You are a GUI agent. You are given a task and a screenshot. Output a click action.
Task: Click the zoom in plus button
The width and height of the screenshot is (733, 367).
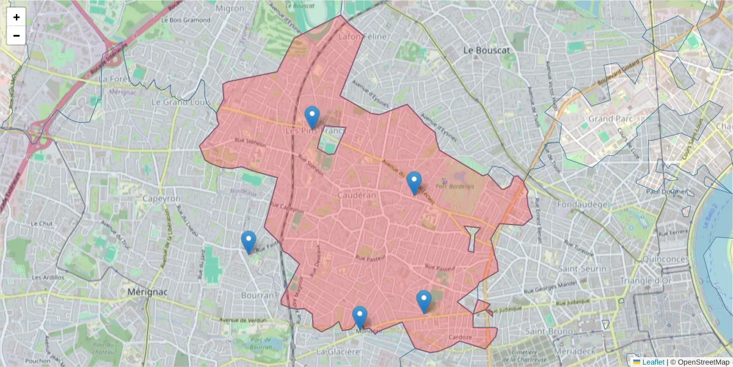(16, 17)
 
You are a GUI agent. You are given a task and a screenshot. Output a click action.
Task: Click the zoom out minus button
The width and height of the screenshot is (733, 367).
(16, 35)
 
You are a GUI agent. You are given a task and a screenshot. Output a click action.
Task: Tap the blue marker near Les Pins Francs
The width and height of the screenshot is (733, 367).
(312, 117)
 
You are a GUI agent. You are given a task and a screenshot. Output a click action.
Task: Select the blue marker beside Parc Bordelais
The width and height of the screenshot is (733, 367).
(414, 182)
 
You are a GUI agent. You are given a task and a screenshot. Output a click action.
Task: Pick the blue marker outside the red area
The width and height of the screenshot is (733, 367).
(249, 242)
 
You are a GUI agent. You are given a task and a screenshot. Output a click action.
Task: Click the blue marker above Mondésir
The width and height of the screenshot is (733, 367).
(360, 317)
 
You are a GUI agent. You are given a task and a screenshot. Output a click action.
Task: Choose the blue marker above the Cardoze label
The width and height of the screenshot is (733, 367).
(424, 301)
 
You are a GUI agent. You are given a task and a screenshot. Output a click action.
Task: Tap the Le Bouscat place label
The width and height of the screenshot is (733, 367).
(486, 50)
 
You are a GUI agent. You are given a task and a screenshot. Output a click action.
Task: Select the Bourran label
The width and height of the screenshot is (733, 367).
(258, 295)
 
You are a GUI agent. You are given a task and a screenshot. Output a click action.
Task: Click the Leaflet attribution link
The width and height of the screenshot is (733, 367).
(653, 362)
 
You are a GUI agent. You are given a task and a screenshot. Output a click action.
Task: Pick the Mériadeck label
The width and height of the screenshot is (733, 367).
(575, 354)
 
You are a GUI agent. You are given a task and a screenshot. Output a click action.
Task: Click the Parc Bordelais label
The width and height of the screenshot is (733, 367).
(454, 187)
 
